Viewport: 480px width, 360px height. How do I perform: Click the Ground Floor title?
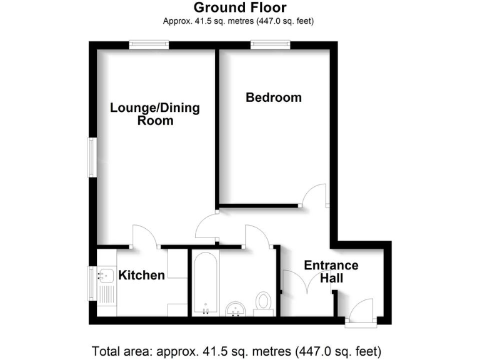[x=240, y=7]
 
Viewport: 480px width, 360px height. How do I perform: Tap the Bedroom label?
[x=273, y=97]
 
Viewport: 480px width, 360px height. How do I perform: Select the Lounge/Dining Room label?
[x=155, y=114]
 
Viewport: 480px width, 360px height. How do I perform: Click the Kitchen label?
[x=142, y=275]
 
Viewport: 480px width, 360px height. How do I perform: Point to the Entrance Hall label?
[x=331, y=272]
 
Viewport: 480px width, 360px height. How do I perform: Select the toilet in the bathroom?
[x=263, y=301]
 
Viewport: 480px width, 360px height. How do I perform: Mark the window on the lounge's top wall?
[x=149, y=44]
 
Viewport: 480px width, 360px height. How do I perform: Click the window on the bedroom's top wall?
[x=270, y=44]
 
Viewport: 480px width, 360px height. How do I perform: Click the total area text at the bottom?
[x=236, y=349]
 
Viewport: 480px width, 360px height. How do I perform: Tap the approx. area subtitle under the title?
[x=238, y=21]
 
